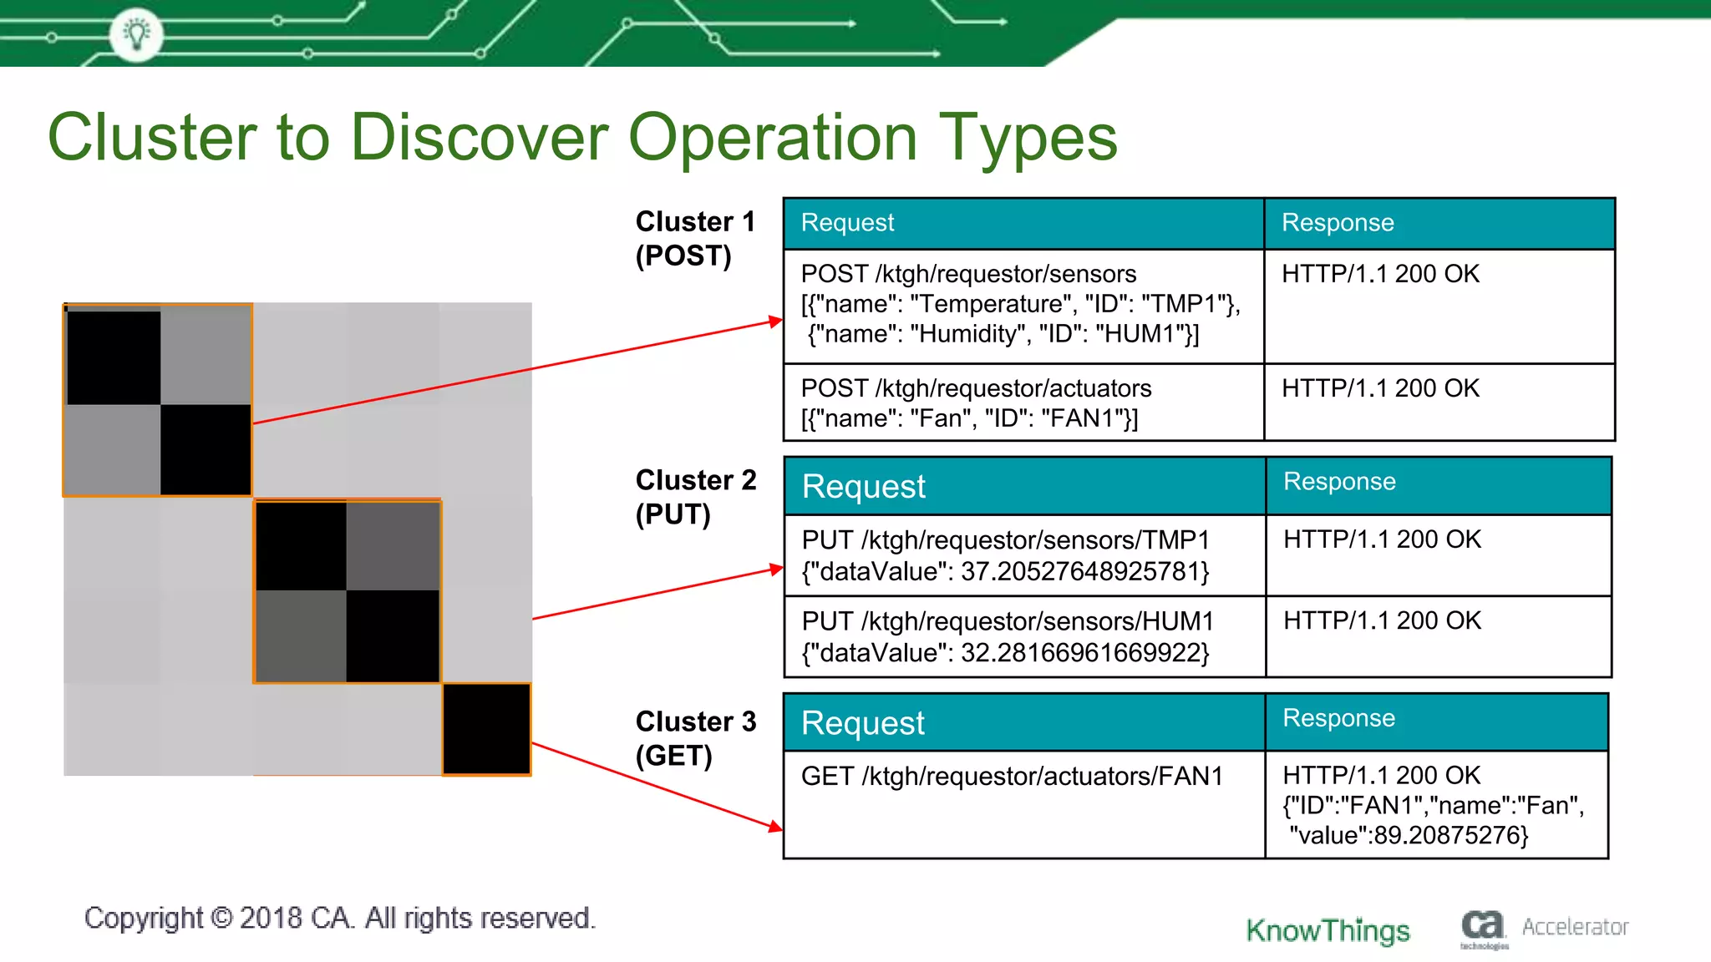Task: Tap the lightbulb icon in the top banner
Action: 136,34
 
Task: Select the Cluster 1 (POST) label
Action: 694,238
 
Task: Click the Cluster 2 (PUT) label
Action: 694,497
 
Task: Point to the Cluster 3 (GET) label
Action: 694,738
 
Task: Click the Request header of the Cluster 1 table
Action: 847,223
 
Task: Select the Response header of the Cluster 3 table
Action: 1338,718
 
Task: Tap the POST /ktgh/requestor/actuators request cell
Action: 976,403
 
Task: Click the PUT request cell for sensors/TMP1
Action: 1005,555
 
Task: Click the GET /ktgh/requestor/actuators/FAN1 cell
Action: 1011,777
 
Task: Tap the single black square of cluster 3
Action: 486,729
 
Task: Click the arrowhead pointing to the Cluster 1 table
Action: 776,321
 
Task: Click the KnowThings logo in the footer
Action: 1328,929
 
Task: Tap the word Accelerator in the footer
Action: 1575,927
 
